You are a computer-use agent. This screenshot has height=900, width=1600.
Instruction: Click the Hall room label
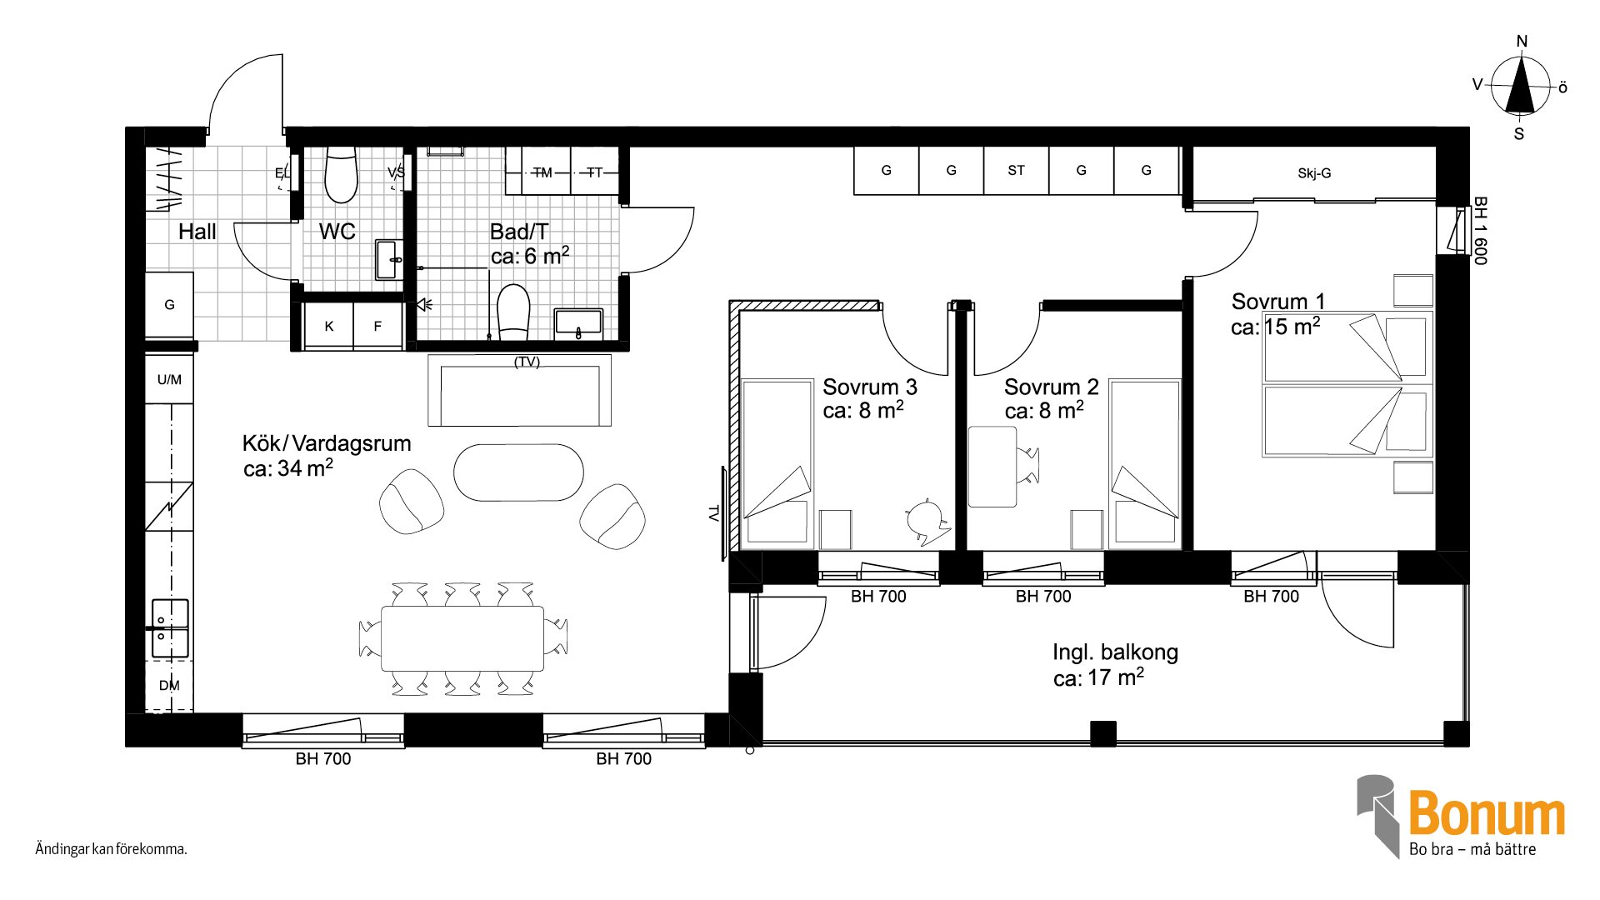coord(197,232)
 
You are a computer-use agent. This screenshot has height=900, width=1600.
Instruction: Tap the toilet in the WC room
coord(341,175)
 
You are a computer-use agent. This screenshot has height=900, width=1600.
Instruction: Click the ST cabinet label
coord(1016,170)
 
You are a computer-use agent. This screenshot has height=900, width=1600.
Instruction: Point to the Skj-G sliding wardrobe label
coord(1314,173)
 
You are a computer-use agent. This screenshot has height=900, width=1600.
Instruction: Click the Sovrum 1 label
coord(1277,301)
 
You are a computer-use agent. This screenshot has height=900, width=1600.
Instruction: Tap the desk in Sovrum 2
coord(992,467)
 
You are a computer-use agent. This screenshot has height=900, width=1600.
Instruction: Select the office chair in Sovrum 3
coord(927,522)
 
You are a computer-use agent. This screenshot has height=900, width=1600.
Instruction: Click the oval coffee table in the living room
coord(518,472)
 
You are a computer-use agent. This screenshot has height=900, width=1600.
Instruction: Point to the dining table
coord(462,638)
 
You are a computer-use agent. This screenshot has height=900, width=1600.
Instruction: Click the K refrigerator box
coord(328,326)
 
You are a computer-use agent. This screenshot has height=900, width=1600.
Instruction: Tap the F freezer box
coord(377,326)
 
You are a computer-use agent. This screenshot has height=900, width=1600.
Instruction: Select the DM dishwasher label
coord(169,686)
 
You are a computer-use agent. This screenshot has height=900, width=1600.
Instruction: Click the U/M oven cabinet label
coord(169,380)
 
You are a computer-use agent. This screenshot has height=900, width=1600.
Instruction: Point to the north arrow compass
coord(1522,86)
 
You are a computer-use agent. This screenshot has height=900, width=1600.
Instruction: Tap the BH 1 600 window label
coord(1480,231)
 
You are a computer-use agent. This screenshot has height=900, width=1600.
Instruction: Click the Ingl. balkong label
coord(1115,652)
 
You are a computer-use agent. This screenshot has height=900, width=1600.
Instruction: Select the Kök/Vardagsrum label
coord(327,443)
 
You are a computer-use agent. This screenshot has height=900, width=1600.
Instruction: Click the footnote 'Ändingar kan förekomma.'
coord(111,849)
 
